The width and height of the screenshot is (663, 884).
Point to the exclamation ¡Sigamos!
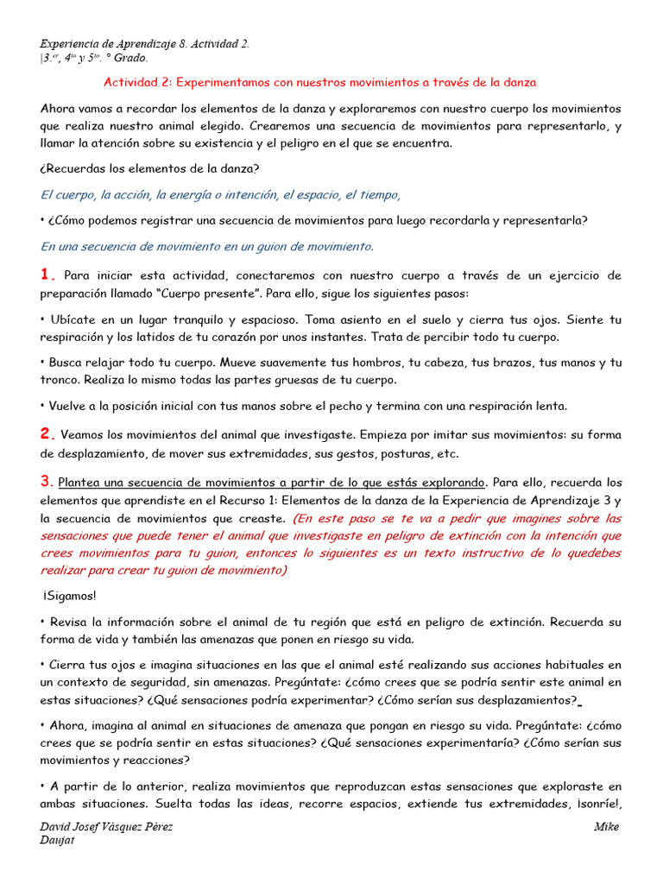point(69,596)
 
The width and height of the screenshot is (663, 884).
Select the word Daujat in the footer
point(58,841)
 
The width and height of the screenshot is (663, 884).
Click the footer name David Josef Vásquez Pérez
point(107,827)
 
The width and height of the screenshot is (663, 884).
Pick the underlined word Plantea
point(81,482)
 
